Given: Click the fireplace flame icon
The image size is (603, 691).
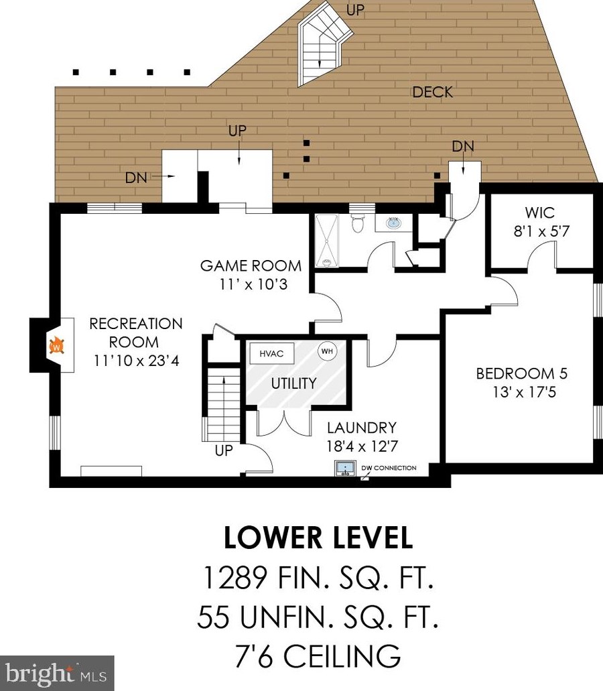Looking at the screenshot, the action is [56, 345].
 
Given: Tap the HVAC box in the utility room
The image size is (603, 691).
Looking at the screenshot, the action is [272, 353].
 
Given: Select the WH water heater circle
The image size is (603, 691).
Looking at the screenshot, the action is [327, 351].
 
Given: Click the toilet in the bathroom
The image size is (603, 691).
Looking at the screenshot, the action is [357, 223].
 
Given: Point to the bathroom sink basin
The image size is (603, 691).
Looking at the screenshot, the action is [393, 223].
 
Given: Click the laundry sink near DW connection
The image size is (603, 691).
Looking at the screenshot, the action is [346, 468].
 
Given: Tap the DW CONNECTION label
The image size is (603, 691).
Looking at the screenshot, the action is [389, 468].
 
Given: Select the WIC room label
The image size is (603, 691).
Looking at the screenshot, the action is [540, 212].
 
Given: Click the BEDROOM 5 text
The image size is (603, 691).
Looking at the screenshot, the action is [522, 374].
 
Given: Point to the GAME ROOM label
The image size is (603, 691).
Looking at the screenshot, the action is [251, 265].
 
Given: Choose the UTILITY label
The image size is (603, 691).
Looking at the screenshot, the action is [293, 383].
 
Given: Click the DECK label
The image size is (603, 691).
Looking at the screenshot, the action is [433, 92].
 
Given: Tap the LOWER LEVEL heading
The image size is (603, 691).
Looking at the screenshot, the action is [318, 538].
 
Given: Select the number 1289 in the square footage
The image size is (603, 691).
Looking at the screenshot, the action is [234, 578].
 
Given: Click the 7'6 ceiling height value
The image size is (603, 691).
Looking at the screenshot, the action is [253, 656].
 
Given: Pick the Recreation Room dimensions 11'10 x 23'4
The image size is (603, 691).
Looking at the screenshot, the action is [137, 361].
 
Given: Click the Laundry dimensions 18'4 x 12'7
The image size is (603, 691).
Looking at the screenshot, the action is [362, 446].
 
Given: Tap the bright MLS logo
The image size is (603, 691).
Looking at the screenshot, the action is [56, 674].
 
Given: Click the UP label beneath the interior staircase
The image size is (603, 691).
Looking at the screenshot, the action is [224, 451].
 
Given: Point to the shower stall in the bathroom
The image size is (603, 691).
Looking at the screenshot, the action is [327, 241].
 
